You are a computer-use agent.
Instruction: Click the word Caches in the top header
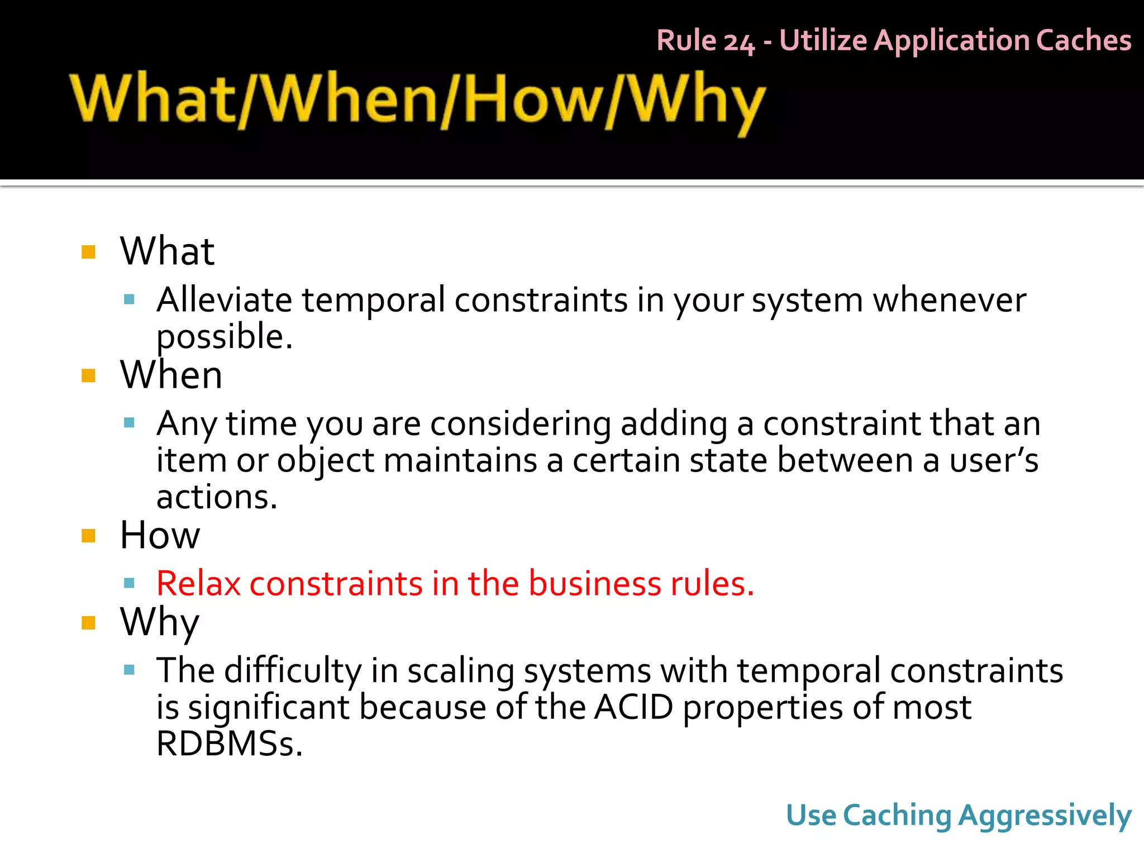1083,41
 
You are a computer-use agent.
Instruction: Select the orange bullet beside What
88,252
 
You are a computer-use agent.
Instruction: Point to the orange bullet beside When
88,375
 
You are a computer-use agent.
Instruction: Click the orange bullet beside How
88,536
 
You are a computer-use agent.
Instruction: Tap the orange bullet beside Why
88,622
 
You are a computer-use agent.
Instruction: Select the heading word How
160,535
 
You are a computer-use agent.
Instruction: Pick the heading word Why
160,622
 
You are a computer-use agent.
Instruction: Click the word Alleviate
223,300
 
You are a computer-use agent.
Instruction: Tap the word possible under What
223,337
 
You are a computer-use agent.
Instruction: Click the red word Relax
198,584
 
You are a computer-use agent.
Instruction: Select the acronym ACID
633,707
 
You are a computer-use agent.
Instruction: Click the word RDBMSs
229,744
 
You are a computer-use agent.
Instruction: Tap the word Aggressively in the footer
1045,816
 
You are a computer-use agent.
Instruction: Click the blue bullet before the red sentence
130,584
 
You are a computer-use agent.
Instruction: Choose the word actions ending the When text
216,497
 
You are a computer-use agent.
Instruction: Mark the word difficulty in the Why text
293,670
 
